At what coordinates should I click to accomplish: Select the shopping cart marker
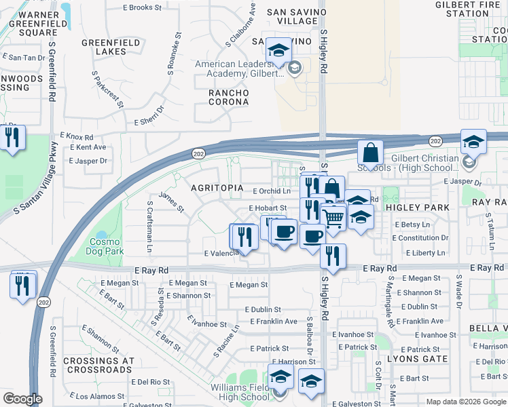(333, 217)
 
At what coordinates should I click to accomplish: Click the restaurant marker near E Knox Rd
(13, 137)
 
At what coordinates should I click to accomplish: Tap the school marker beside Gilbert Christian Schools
(473, 141)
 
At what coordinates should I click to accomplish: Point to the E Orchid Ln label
(271, 192)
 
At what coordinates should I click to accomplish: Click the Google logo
(22, 399)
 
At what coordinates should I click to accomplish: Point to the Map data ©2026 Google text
(465, 402)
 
